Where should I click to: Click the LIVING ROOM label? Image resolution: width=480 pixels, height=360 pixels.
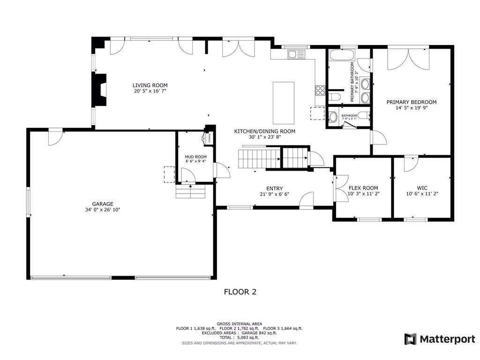150,85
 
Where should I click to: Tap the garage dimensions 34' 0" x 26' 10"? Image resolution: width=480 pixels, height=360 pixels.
102,210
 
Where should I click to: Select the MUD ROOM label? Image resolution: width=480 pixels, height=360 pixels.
195,157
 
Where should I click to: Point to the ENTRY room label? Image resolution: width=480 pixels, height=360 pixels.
274,188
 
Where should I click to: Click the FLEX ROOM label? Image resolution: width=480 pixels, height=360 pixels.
363,188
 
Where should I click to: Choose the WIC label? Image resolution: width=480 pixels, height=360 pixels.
422,188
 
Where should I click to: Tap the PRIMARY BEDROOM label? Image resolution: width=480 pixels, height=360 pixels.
411,102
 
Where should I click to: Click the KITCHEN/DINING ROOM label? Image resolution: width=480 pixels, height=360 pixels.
265,131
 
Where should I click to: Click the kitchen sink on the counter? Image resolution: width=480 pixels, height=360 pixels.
297,54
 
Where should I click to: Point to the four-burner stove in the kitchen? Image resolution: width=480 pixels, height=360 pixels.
321,90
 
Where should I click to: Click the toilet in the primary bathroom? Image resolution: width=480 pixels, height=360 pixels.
334,97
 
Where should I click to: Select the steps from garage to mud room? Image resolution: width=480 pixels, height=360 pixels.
190,192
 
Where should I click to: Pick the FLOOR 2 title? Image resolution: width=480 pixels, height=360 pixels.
240,292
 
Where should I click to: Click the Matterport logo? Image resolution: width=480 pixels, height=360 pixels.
440,339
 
